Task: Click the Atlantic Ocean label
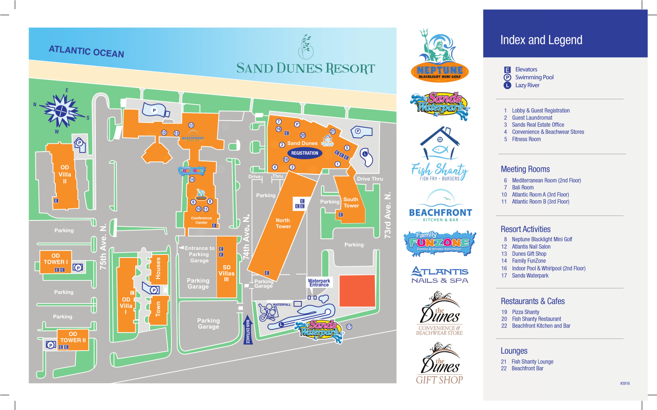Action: (86, 51)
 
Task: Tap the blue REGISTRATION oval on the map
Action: (305, 153)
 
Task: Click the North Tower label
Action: (283, 223)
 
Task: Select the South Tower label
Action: (351, 203)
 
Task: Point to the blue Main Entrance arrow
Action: (248, 330)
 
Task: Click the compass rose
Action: (62, 110)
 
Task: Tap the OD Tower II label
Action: (73, 337)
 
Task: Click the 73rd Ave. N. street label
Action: (388, 215)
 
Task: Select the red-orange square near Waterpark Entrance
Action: (357, 291)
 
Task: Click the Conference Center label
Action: (202, 220)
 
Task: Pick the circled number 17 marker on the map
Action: (349, 327)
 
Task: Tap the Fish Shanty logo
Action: (440, 155)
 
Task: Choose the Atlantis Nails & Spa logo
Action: (440, 275)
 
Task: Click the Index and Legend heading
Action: (541, 40)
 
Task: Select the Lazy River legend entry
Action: (527, 85)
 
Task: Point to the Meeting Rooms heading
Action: (525, 169)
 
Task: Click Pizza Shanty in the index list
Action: (525, 312)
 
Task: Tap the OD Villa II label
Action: (64, 174)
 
